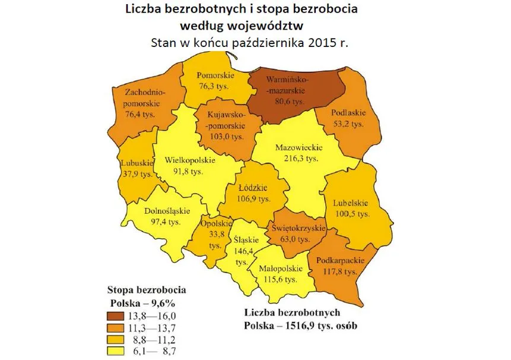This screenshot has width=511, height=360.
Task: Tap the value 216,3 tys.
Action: pos(298,159)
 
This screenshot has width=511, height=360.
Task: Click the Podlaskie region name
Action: pos(348,113)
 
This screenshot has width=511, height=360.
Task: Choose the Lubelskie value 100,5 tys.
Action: pos(351,213)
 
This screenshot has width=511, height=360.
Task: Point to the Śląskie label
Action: pos(243,240)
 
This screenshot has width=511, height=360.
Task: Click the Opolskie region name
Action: pos(215,223)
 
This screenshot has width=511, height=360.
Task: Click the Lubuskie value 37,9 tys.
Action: pos(137,175)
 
